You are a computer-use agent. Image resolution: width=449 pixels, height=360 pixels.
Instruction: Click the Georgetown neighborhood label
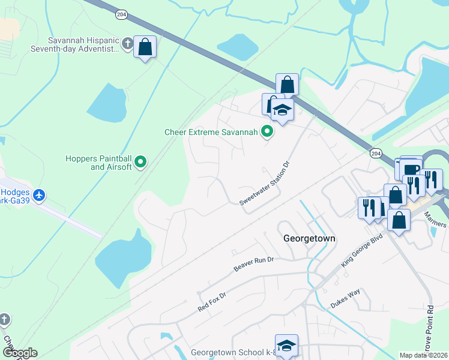(x=309, y=238)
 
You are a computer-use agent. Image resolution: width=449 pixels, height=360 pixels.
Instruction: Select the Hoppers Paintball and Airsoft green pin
(x=140, y=161)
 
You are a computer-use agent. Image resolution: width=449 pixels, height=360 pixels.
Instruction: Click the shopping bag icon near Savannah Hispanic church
(x=145, y=47)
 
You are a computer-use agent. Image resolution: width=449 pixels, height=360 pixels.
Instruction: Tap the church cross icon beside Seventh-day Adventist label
(x=127, y=43)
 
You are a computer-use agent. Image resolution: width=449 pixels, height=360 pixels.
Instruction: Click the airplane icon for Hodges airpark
(x=39, y=195)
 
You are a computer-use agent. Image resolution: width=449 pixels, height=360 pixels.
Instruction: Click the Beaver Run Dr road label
(x=254, y=263)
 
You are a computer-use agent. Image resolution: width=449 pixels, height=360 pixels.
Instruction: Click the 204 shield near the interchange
(x=375, y=152)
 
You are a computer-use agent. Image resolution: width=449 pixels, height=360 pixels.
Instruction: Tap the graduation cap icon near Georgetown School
(x=287, y=345)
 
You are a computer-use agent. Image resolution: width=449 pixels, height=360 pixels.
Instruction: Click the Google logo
(x=19, y=353)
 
